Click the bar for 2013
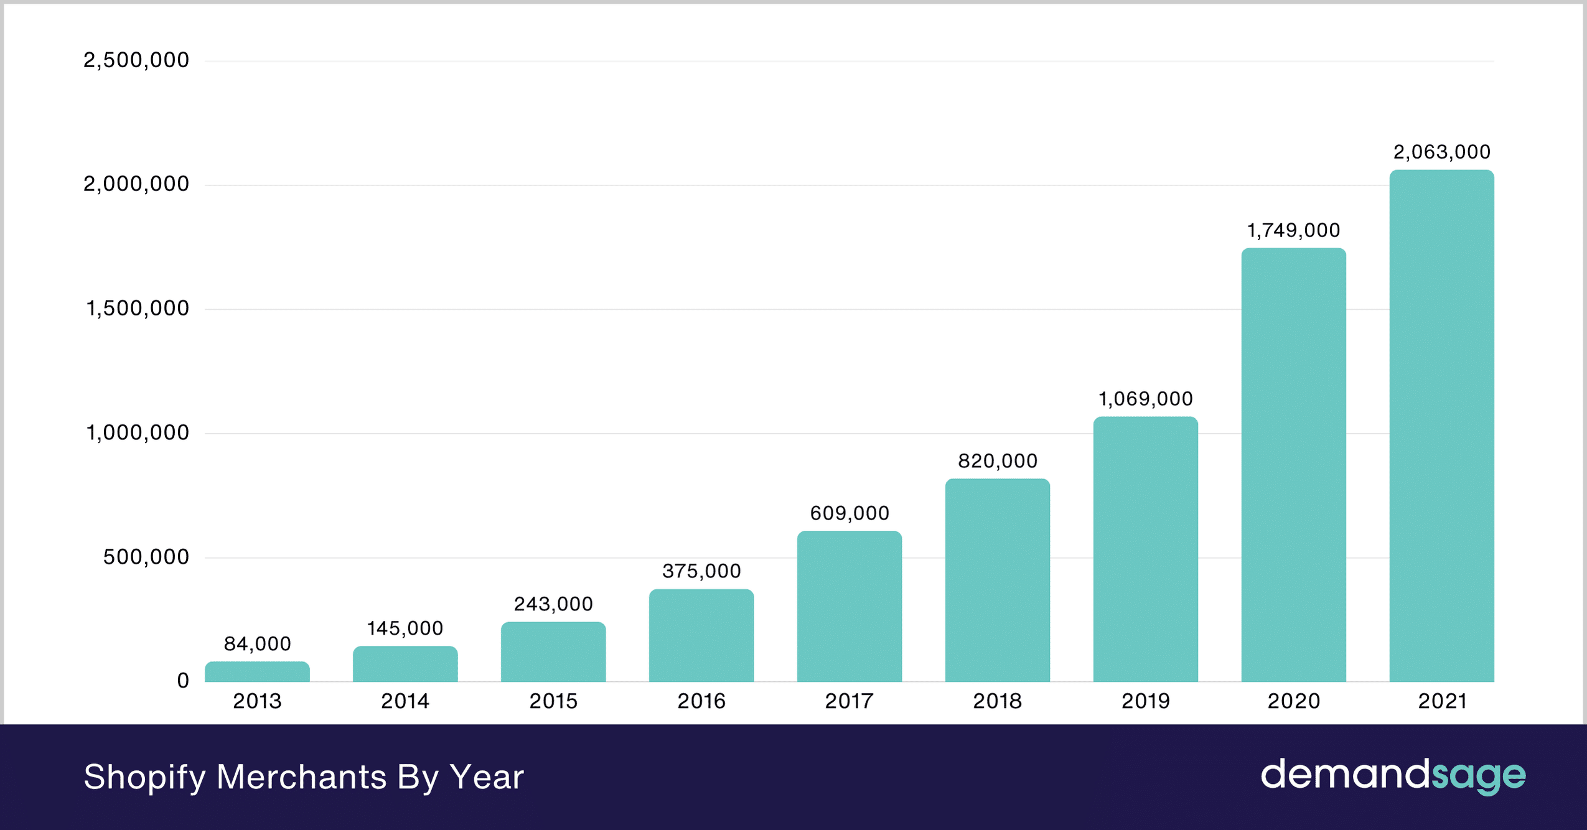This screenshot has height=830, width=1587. click(x=257, y=672)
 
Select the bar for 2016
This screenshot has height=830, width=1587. click(x=701, y=635)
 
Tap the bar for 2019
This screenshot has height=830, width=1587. click(x=1145, y=549)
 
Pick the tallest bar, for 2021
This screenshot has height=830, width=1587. click(x=1441, y=426)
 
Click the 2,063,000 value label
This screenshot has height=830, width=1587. click(x=1441, y=152)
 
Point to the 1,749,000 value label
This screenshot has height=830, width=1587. click(x=1293, y=231)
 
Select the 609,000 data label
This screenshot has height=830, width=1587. click(x=850, y=513)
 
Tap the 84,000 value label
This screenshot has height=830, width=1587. click(x=257, y=644)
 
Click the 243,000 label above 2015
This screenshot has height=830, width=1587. click(x=553, y=604)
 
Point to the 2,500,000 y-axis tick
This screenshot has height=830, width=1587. click(x=136, y=60)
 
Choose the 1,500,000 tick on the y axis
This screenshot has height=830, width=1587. click(x=138, y=309)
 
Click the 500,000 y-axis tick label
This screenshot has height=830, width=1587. click(x=146, y=557)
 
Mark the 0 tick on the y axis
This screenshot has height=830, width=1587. click(x=183, y=681)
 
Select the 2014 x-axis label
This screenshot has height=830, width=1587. click(x=405, y=701)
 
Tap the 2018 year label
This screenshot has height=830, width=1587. click(x=997, y=701)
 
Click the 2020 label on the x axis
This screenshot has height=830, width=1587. click(x=1293, y=701)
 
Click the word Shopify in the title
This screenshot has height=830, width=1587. click(x=144, y=777)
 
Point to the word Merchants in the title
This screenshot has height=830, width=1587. click(x=301, y=777)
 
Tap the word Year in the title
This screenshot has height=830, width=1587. click(x=487, y=777)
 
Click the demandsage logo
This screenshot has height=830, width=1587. click(x=1393, y=776)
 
